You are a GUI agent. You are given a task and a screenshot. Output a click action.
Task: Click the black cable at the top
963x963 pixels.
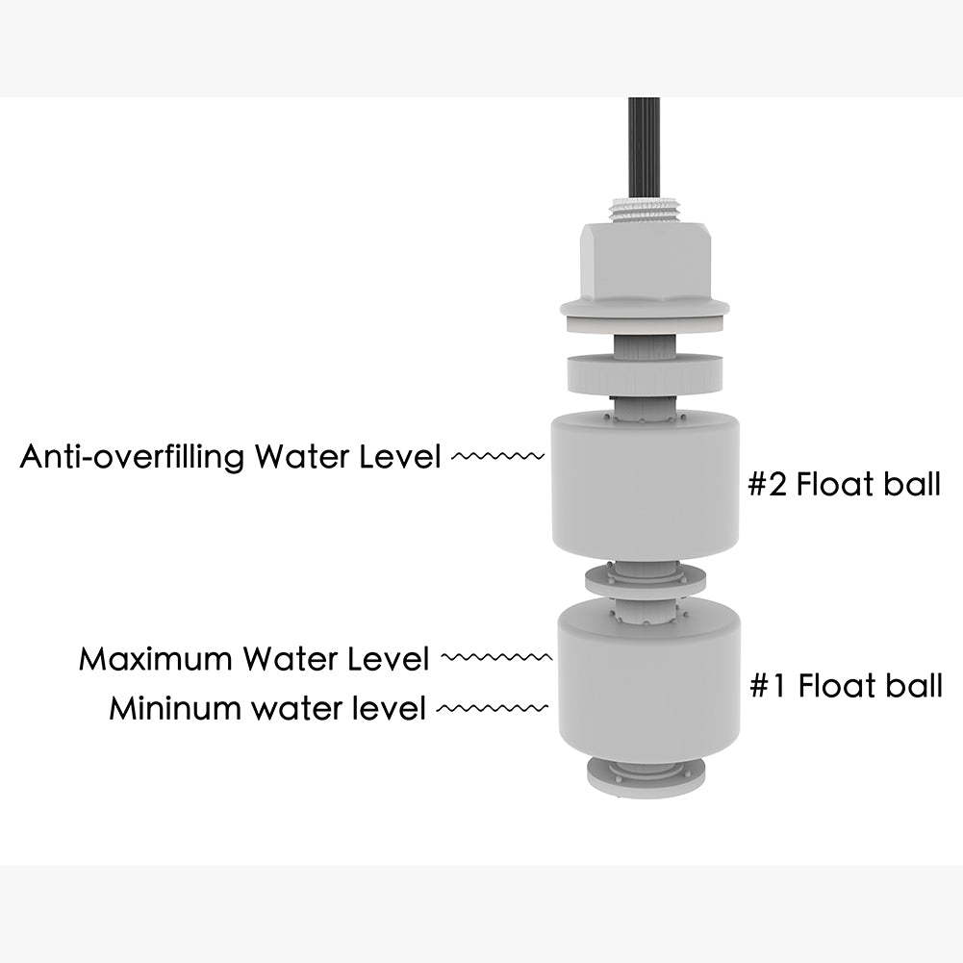[644, 144]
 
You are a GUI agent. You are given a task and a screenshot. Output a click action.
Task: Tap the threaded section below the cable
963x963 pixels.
[644, 209]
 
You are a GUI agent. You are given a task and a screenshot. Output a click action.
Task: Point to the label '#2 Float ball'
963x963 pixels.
[844, 484]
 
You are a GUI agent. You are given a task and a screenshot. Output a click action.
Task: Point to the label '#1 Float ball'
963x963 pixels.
[846, 686]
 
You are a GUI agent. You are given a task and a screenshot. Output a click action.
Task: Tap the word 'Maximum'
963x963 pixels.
[156, 659]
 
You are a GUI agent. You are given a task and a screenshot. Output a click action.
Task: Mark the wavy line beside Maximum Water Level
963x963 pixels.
[495, 658]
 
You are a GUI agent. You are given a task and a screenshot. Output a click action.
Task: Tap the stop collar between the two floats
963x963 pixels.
[645, 580]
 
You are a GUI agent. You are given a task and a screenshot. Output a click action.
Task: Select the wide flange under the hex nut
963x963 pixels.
[645, 310]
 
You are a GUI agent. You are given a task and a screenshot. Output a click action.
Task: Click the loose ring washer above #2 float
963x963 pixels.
[644, 372]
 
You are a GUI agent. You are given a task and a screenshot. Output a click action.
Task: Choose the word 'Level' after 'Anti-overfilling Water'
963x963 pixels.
[395, 456]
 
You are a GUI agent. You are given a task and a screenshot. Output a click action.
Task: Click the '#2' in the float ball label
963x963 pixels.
[769, 484]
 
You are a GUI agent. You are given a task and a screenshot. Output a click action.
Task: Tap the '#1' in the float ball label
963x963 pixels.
[770, 686]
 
